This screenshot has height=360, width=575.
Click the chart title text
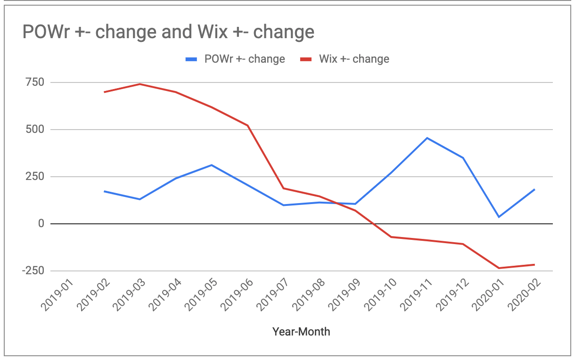pos(168,32)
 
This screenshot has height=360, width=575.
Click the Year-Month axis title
pos(301,332)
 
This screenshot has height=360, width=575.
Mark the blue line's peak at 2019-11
pos(427,138)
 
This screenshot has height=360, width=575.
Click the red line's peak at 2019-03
pos(140,84)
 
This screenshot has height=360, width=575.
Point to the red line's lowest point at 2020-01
pos(499,268)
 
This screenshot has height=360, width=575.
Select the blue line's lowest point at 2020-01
pos(499,217)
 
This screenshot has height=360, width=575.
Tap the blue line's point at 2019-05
pos(212,165)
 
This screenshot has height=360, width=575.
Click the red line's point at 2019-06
pos(247,125)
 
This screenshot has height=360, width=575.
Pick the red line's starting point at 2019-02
pos(104,92)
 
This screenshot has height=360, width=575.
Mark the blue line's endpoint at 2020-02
pos(534,189)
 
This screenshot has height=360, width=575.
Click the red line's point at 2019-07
pos(283,188)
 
